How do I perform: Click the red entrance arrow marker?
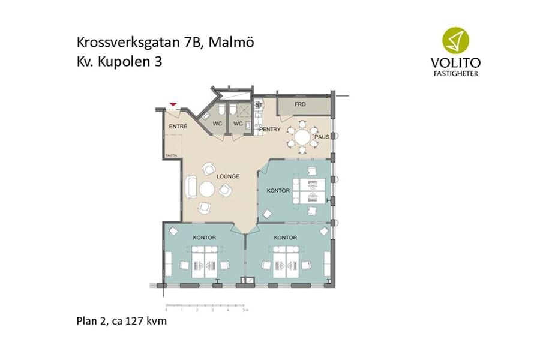tap(173, 105)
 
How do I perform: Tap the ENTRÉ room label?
tap(178, 127)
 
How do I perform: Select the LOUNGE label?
tap(229, 176)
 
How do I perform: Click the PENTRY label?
tap(270, 129)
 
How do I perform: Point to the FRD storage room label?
tap(301, 104)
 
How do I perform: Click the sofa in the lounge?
tap(191, 187)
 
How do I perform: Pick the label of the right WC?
tap(238, 124)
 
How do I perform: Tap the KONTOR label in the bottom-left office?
tap(204, 238)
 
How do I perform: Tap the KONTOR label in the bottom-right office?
tap(285, 238)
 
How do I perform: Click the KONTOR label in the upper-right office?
tap(278, 191)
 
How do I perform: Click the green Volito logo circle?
tap(455, 40)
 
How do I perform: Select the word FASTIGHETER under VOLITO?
tap(454, 74)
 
